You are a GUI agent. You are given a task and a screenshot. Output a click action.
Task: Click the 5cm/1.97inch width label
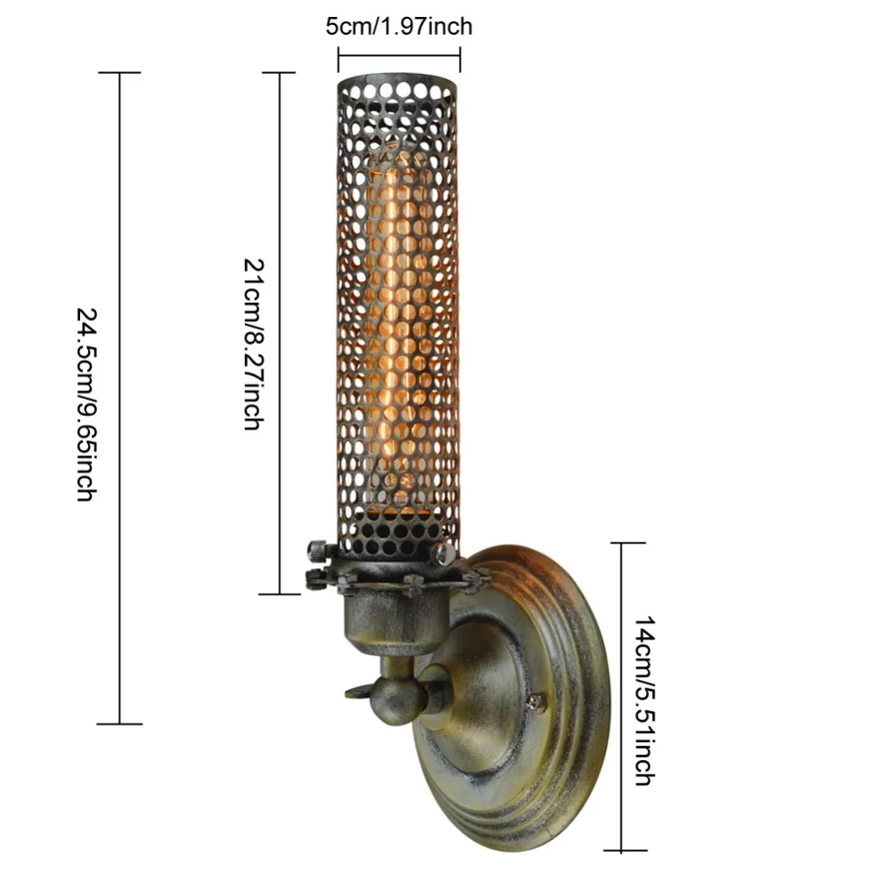click(399, 26)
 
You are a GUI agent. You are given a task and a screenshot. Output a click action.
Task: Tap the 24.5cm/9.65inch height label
click(87, 404)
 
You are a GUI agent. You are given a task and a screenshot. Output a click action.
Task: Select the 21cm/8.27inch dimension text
click(254, 344)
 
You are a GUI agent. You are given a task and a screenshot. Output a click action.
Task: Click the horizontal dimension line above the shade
click(399, 55)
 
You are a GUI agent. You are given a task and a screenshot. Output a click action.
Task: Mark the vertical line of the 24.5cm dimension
click(119, 398)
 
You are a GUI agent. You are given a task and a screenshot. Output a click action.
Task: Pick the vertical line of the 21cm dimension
click(280, 333)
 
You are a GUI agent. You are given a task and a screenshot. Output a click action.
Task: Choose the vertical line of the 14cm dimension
click(621, 697)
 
